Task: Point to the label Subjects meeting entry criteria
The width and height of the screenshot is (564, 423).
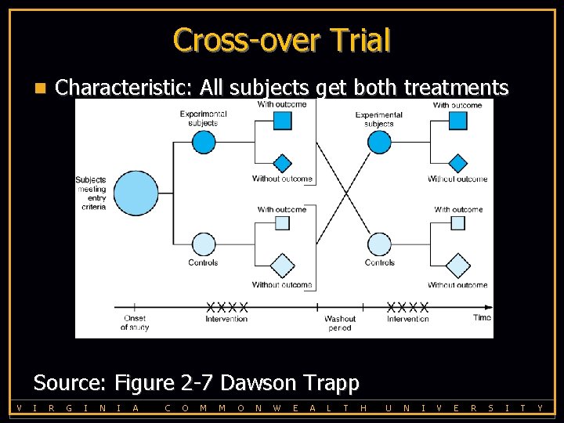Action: (91, 193)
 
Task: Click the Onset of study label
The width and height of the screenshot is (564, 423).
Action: (135, 323)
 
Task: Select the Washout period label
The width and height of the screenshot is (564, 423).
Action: (340, 323)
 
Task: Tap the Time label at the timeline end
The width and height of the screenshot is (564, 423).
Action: (483, 317)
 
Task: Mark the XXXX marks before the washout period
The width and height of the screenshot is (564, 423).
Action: (227, 306)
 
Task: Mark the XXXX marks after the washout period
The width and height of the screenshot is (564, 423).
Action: (408, 306)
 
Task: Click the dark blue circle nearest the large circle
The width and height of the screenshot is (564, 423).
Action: (204, 142)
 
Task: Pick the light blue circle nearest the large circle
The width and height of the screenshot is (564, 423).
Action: (204, 244)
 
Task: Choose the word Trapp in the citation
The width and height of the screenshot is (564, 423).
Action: (332, 383)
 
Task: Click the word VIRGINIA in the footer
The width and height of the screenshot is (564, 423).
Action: (79, 407)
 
